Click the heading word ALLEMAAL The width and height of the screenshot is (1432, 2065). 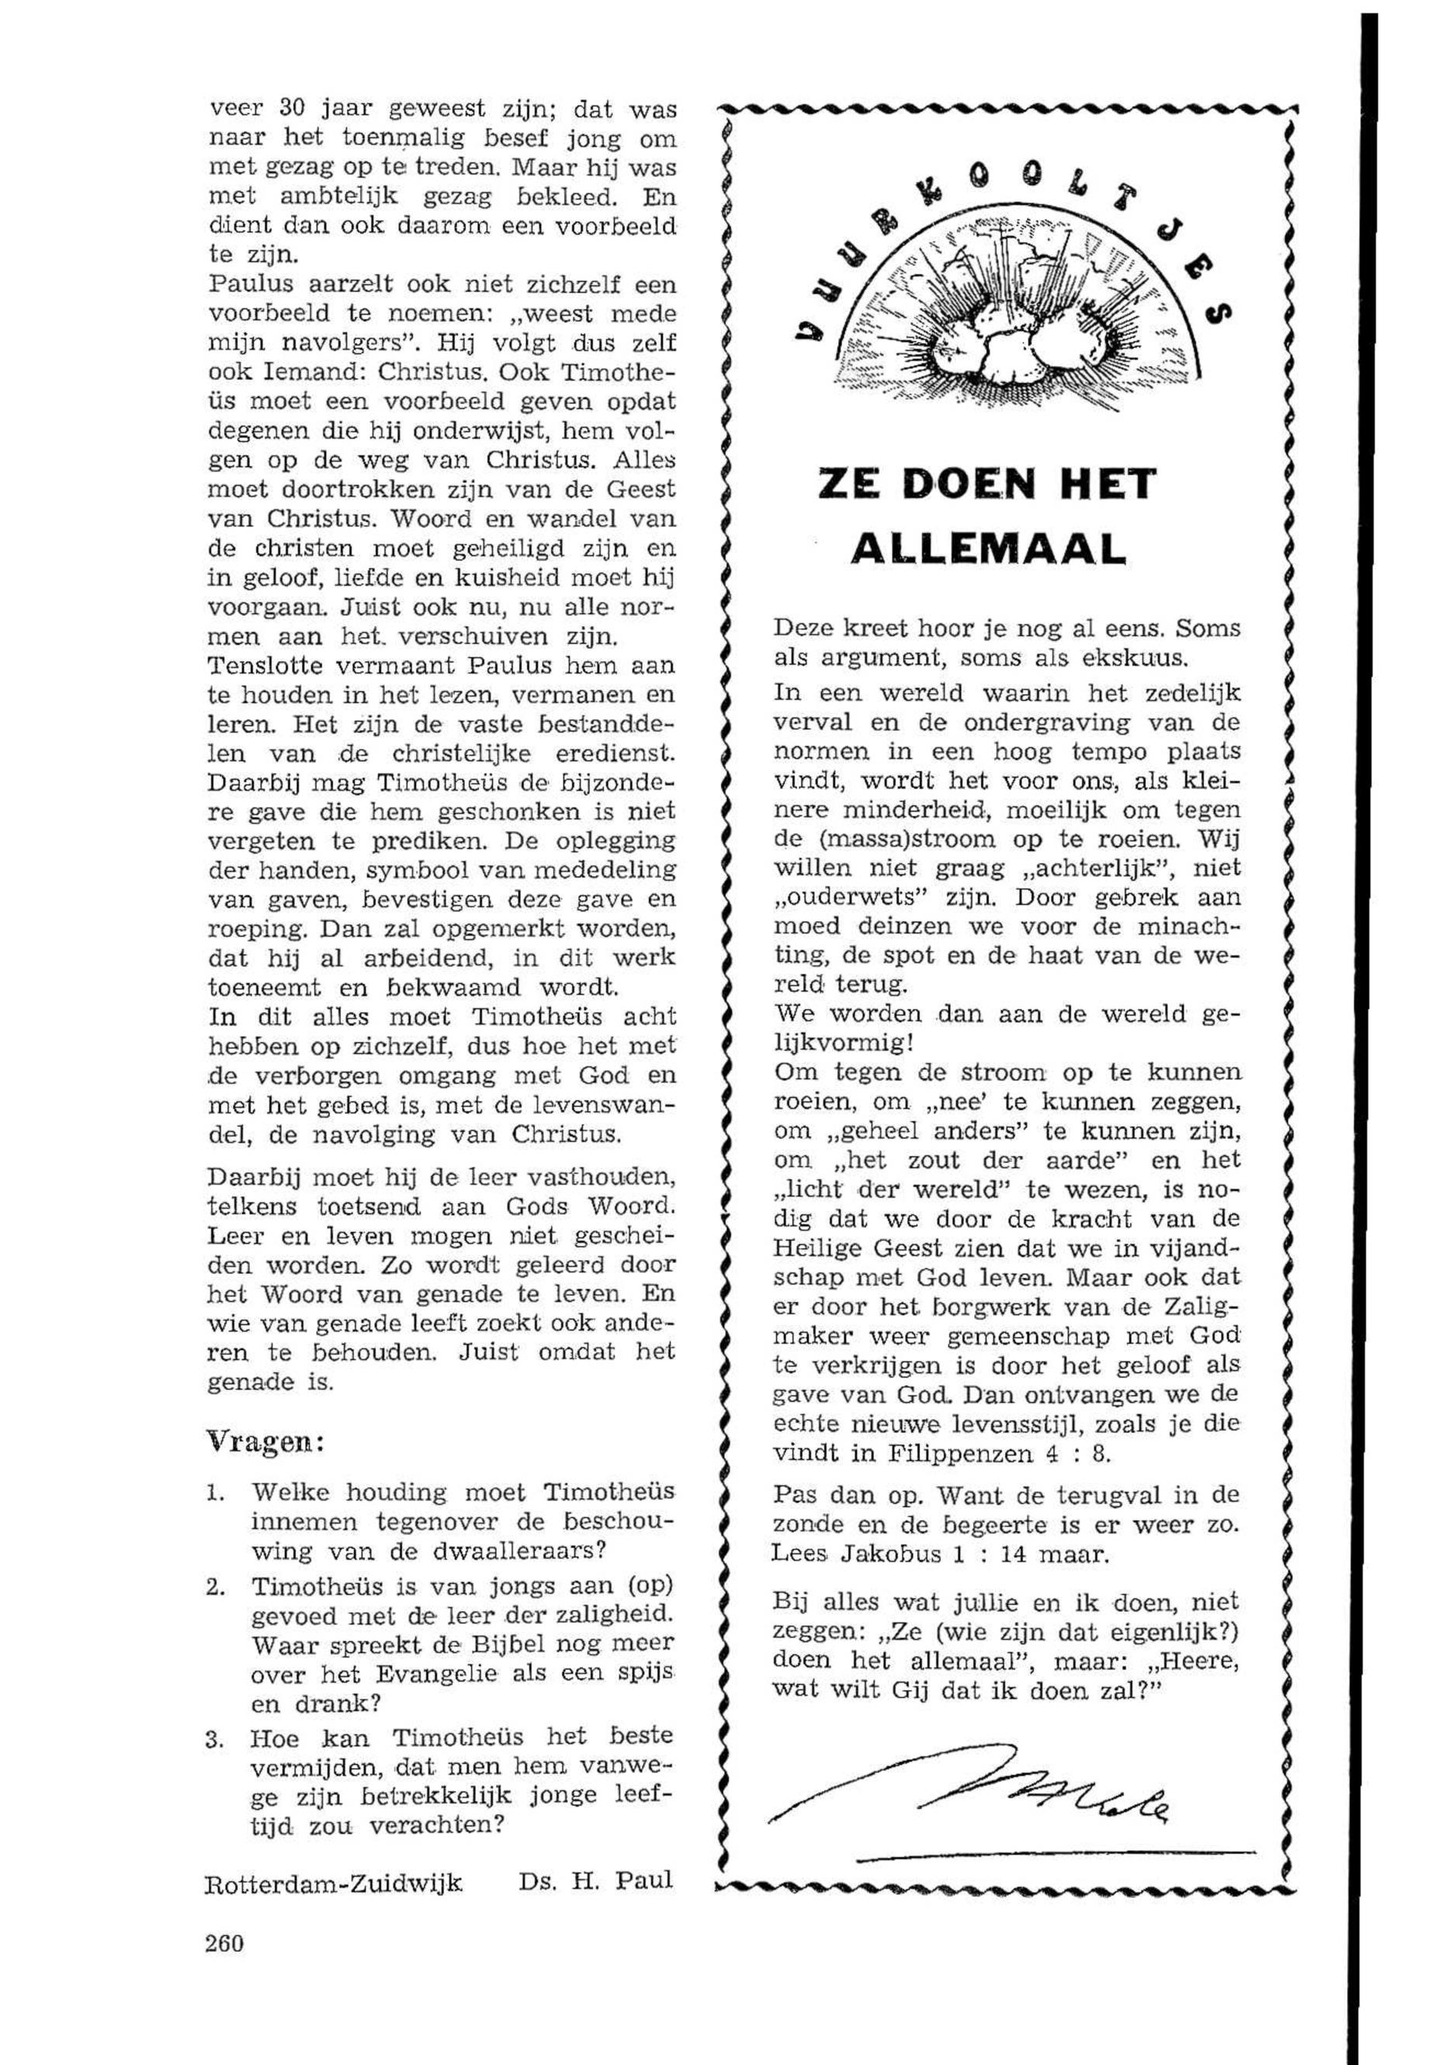[987, 547]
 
